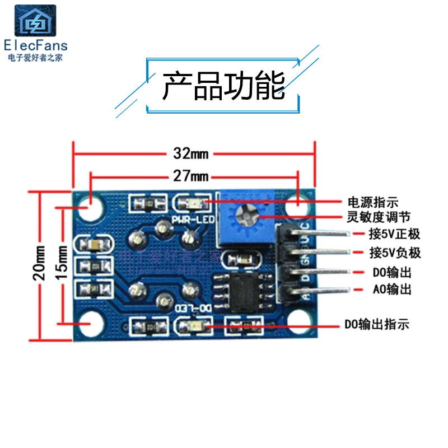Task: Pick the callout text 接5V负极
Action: click(394, 253)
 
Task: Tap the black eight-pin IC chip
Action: click(245, 292)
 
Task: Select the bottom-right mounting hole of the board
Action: click(298, 323)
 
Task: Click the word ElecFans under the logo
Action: click(35, 45)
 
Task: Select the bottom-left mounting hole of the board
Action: click(90, 323)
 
